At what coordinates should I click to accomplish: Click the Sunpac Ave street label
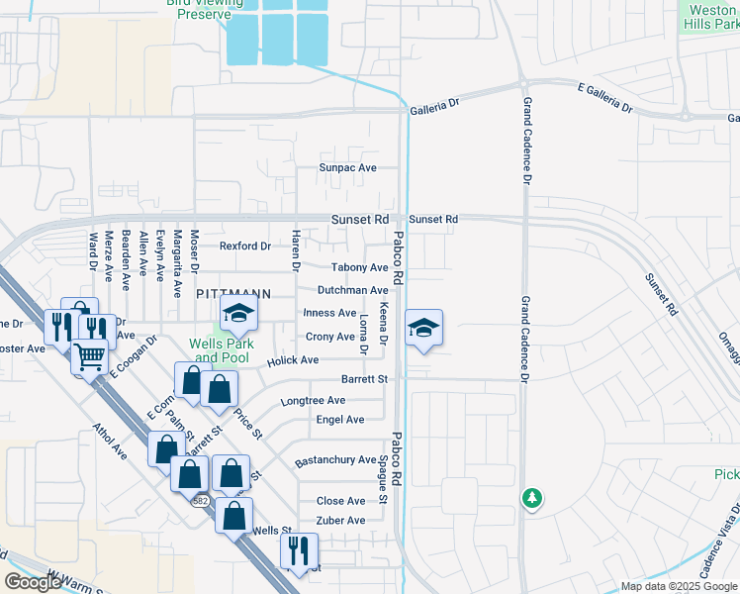click(347, 168)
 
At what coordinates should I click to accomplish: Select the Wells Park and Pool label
click(222, 350)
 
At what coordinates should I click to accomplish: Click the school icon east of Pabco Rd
click(423, 329)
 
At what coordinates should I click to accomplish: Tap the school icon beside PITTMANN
click(238, 317)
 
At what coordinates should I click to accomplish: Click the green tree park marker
click(532, 497)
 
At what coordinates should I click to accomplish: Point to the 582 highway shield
click(201, 500)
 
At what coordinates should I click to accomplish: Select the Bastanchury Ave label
click(335, 460)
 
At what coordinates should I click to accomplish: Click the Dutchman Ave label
click(352, 290)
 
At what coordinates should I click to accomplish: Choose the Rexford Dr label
click(244, 246)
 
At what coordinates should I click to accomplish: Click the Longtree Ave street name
click(313, 401)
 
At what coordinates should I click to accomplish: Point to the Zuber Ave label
click(340, 520)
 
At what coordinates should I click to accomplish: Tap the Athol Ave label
click(110, 443)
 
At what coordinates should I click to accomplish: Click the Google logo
click(33, 582)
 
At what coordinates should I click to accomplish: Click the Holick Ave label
click(293, 360)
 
